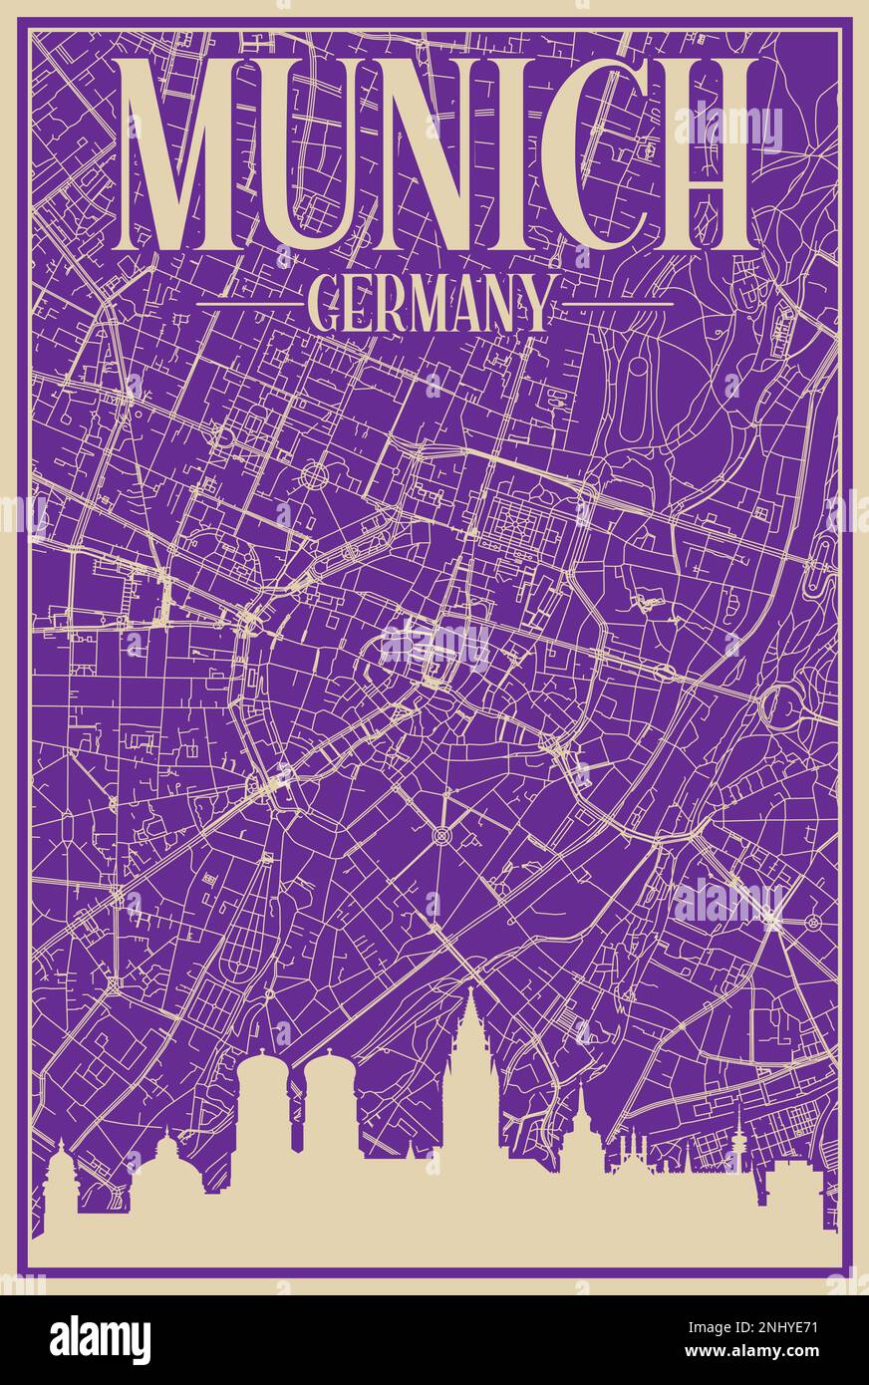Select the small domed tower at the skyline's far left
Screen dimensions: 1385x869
click(x=62, y=1176)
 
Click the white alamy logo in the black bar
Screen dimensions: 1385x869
click(x=100, y=1340)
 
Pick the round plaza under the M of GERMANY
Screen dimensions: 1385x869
click(x=317, y=474)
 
